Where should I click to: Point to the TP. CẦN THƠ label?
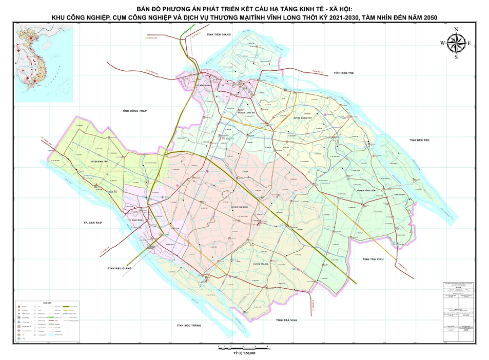[93, 224]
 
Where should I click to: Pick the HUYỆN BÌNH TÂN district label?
[101, 161]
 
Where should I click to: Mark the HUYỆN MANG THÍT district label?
[304, 117]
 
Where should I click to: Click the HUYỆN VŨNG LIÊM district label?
[367, 191]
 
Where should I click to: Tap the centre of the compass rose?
[456, 43]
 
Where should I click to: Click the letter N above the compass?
[456, 29]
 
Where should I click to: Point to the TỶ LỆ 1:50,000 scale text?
[244, 353]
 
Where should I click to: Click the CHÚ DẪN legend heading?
[48, 303]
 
